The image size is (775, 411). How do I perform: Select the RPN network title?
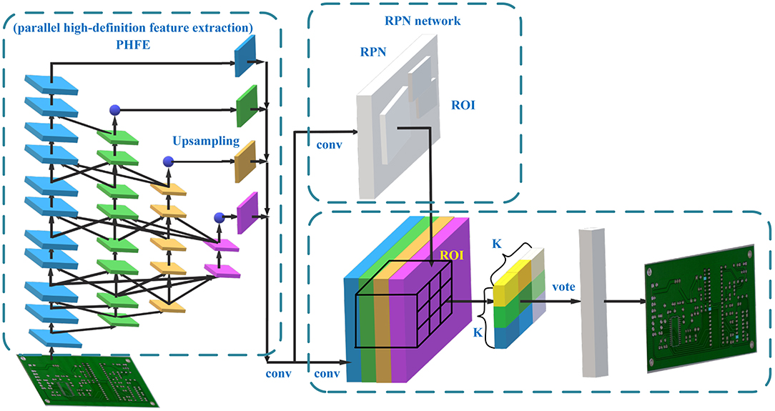(x=420, y=21)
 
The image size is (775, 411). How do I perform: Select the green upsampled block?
(x=246, y=105)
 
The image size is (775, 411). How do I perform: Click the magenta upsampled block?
(x=246, y=212)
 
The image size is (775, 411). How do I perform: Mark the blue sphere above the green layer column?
(x=114, y=110)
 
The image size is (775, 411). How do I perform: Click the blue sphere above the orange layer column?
(x=168, y=162)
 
